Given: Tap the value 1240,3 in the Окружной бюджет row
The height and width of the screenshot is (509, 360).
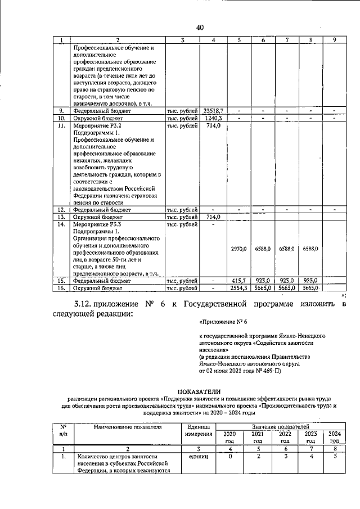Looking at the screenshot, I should [x=214, y=119].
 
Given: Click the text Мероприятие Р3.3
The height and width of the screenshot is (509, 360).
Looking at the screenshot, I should [x=98, y=224].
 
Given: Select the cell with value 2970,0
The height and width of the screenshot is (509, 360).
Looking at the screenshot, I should [x=239, y=248].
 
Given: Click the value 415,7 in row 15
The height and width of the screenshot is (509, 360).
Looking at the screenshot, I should [x=239, y=280].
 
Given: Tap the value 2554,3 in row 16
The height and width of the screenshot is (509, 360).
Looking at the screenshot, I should [x=239, y=288].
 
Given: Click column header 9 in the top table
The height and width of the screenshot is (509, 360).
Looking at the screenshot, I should [x=335, y=40].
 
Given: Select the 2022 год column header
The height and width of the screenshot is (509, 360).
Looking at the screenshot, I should [x=285, y=438].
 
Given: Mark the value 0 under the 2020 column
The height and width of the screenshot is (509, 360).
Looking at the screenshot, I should [x=230, y=457].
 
